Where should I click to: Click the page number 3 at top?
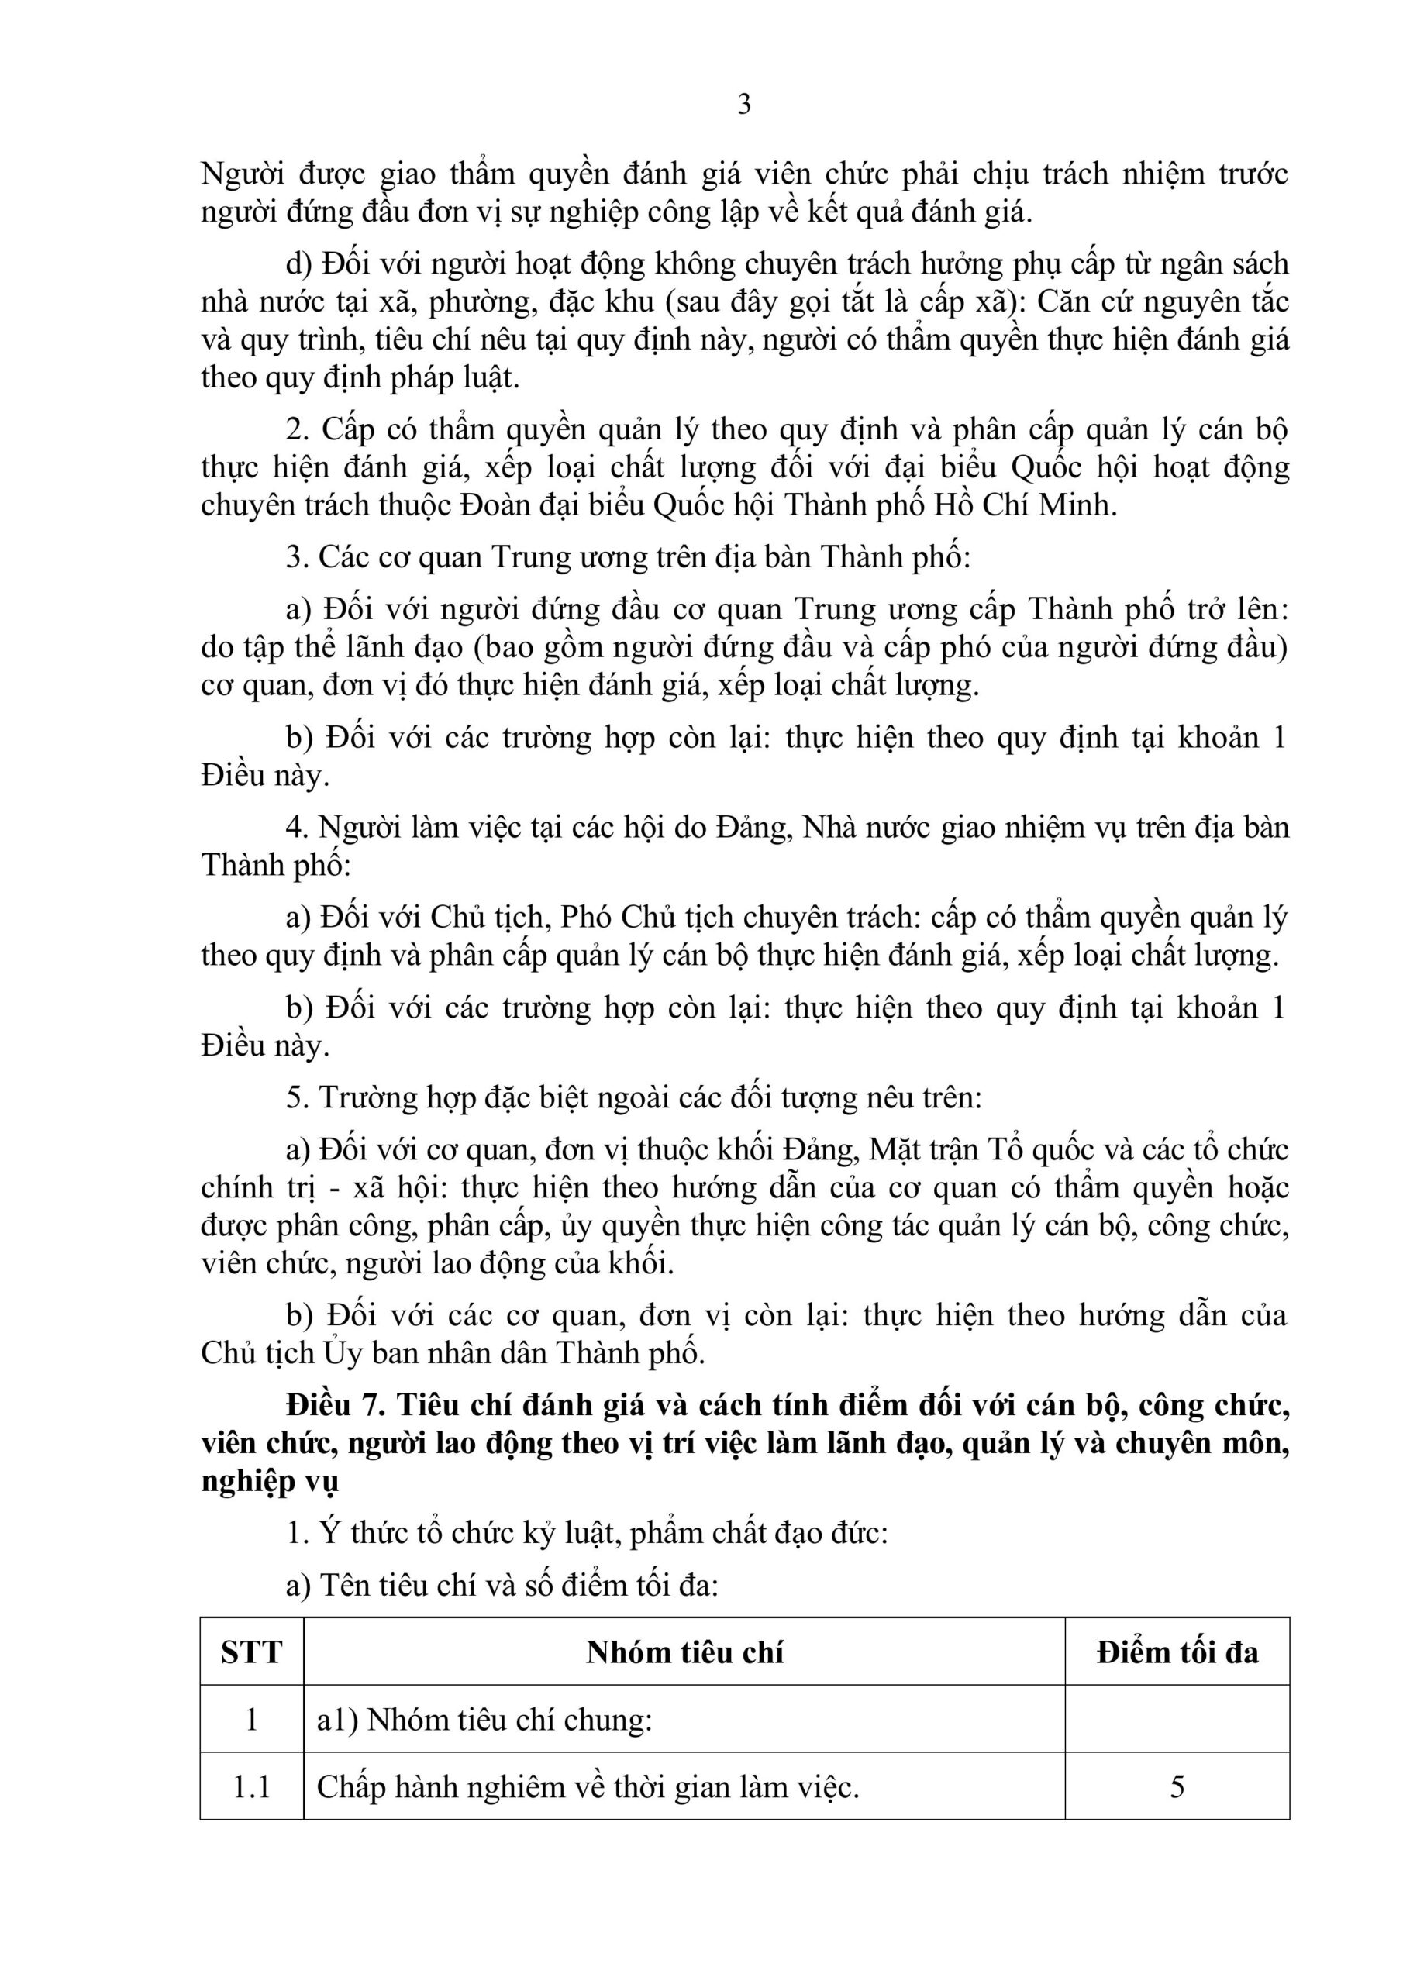click(x=743, y=105)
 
